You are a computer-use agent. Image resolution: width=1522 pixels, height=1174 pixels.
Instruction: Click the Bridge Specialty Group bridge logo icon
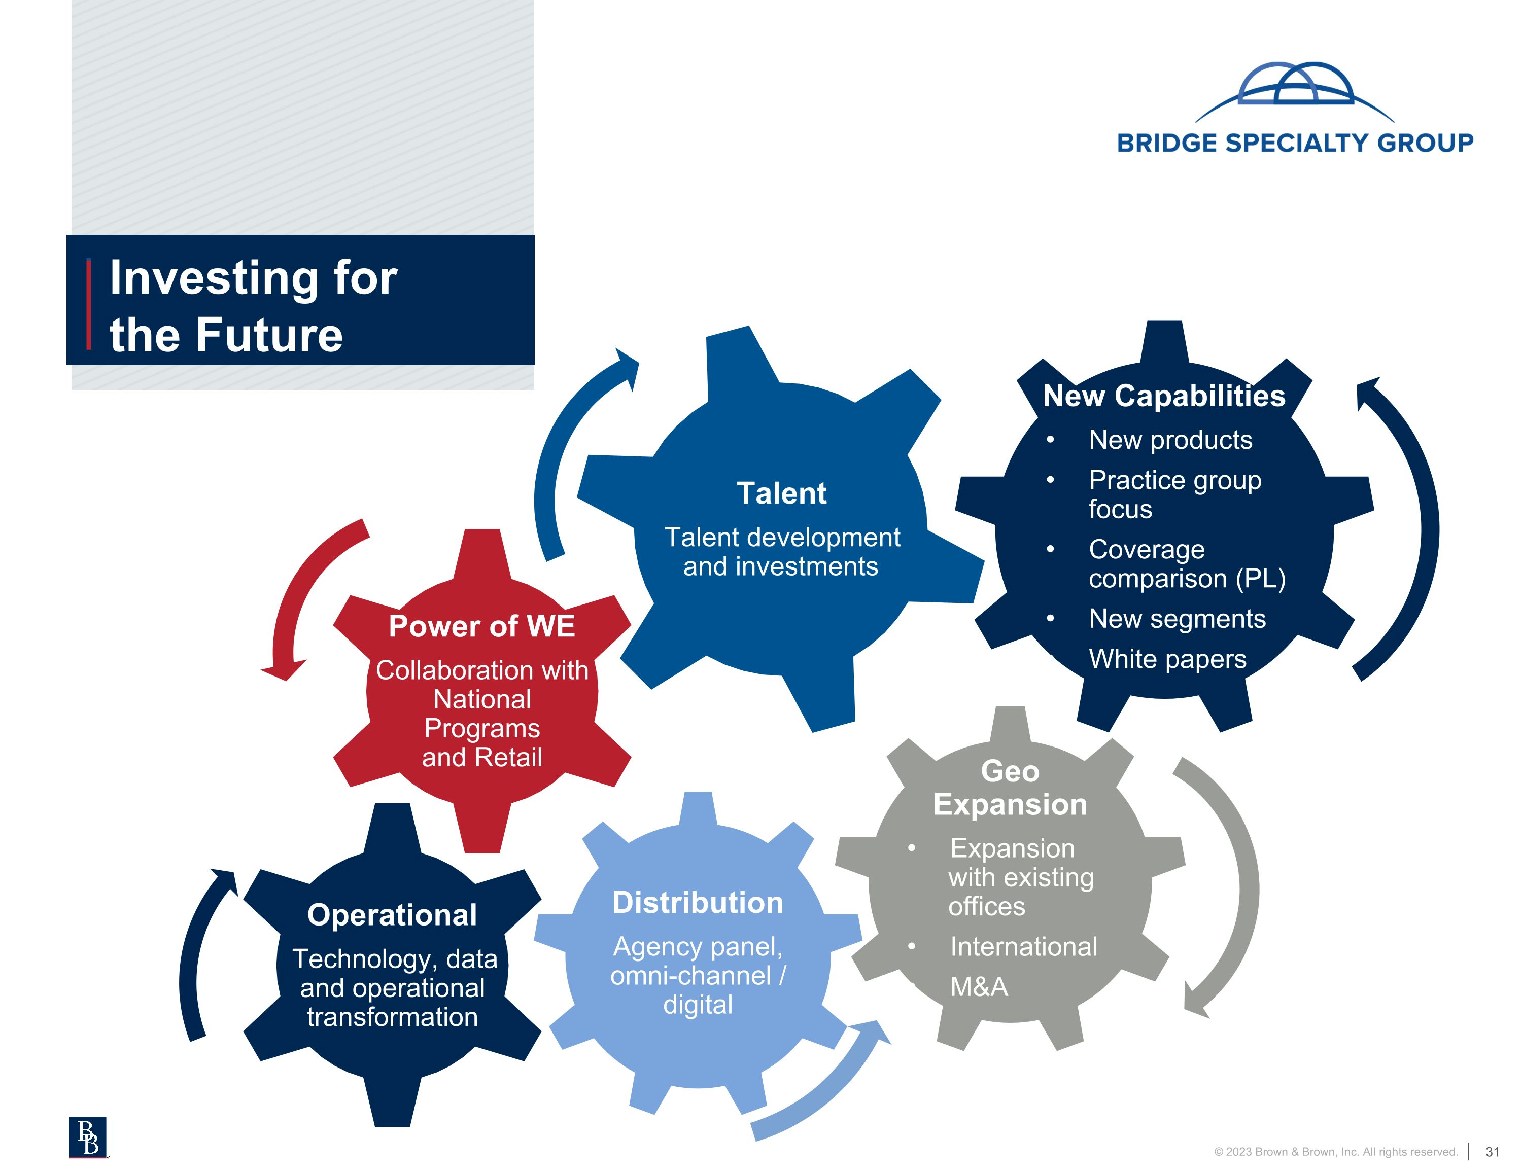(x=1295, y=91)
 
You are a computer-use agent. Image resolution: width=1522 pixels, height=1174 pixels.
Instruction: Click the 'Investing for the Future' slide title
(x=254, y=305)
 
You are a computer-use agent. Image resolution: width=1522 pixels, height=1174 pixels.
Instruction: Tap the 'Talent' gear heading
(x=781, y=493)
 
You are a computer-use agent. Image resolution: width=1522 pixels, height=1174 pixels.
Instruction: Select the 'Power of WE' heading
(x=481, y=626)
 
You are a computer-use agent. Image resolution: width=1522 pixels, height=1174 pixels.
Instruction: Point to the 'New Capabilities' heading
(x=1164, y=396)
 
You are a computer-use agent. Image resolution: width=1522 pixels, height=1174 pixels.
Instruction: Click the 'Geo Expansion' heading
(x=1010, y=787)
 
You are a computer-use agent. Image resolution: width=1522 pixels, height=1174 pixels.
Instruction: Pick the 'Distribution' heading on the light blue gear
(x=698, y=902)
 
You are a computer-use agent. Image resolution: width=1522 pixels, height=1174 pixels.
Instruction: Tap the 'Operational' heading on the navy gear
(x=392, y=915)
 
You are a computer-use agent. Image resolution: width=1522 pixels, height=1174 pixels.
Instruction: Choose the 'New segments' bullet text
(x=1177, y=619)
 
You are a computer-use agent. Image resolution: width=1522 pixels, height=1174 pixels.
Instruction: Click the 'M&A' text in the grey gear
(x=979, y=986)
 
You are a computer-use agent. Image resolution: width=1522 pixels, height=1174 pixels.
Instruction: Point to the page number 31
(x=1492, y=1152)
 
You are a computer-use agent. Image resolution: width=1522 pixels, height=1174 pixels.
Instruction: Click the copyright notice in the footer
(x=1336, y=1152)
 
